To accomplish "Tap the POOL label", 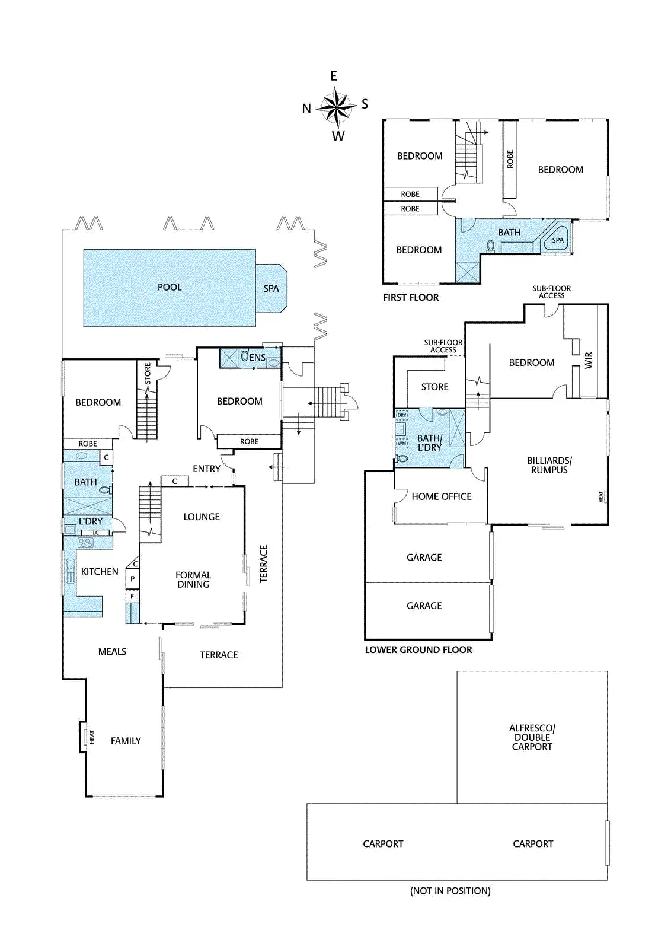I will click(x=170, y=287).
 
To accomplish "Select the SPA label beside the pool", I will click(x=271, y=289).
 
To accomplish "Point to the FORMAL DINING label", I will click(x=193, y=579).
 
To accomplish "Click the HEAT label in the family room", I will click(x=92, y=737).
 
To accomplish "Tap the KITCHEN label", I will click(x=100, y=572).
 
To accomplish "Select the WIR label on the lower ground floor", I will click(x=589, y=361).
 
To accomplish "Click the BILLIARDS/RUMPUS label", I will click(x=549, y=465).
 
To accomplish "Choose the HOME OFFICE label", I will click(x=442, y=496).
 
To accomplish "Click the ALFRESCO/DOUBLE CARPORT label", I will click(x=532, y=737).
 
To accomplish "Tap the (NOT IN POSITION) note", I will click(x=450, y=890).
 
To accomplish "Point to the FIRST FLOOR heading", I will click(x=411, y=297).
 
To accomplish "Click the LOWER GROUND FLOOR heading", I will click(x=418, y=649).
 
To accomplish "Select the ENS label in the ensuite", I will click(x=258, y=358).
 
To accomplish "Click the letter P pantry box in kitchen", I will click(x=133, y=579).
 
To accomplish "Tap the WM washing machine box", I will click(x=402, y=443).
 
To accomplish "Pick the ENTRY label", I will click(x=206, y=469).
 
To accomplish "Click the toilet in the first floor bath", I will click(x=490, y=245).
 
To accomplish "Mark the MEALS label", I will click(x=112, y=651).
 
